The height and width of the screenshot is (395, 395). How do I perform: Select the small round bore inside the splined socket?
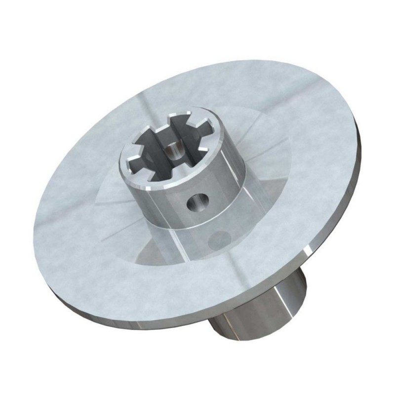[173, 147]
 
